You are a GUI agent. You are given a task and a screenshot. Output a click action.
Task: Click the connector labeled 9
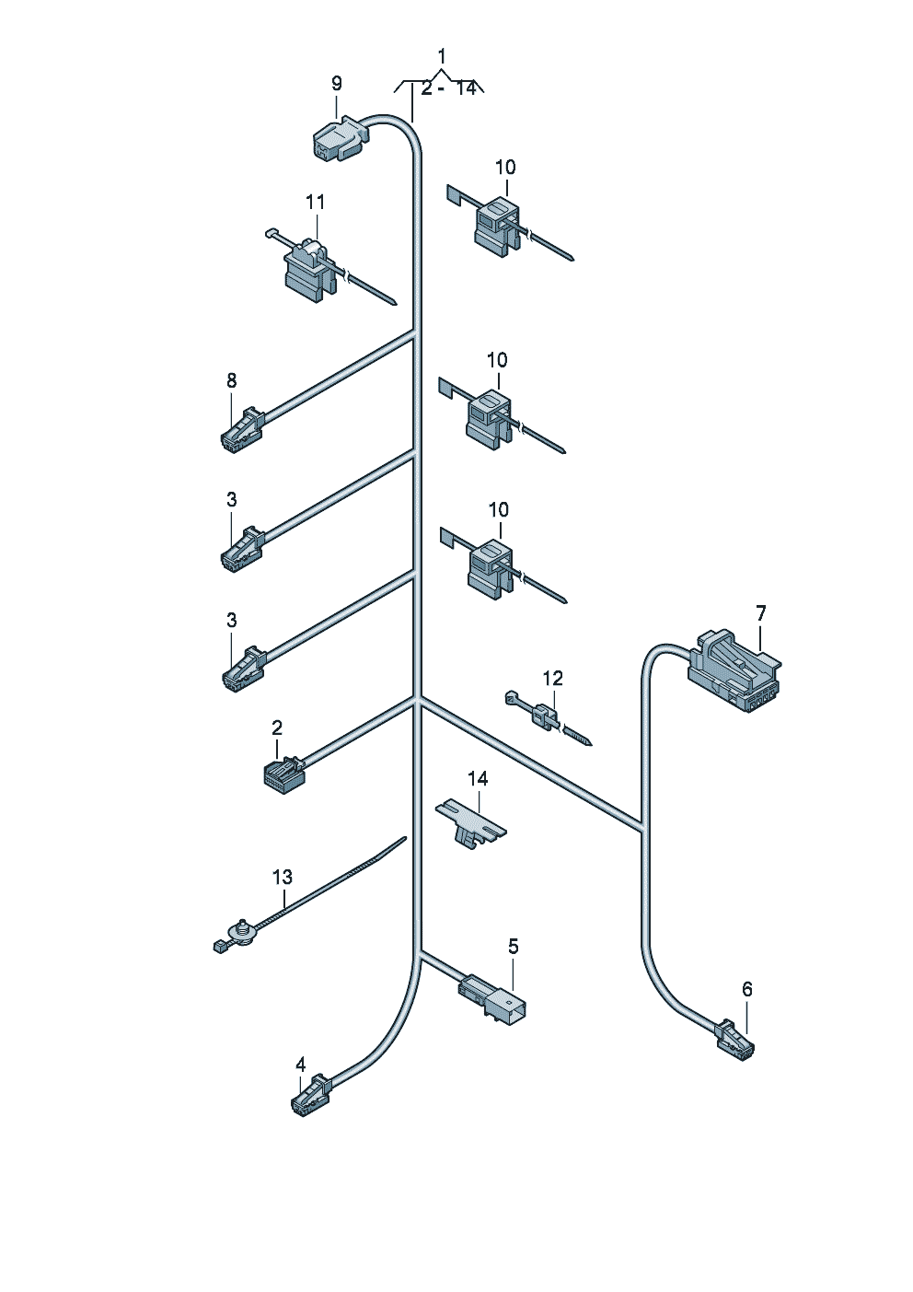tap(340, 139)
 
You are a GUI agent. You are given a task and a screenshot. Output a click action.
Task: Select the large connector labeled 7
tap(735, 671)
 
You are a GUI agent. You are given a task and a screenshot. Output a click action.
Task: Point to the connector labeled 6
tap(734, 1042)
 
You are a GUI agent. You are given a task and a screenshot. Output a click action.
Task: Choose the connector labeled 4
tap(311, 1095)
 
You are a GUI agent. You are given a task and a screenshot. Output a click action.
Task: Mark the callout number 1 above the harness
tap(442, 56)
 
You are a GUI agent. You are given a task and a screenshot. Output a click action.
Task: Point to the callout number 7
tap(761, 612)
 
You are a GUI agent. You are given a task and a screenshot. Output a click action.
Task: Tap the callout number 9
tap(337, 84)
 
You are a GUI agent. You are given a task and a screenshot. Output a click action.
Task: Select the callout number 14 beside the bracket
tap(478, 779)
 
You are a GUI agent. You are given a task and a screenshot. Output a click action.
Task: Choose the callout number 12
tap(552, 679)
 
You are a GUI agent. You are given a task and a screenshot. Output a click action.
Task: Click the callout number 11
tap(316, 202)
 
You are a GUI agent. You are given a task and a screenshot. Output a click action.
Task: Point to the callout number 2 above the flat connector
tap(277, 727)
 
